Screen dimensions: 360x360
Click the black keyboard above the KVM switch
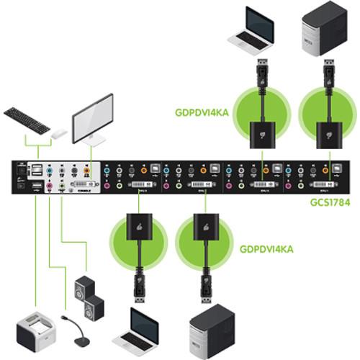27,118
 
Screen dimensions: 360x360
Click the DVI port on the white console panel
81,186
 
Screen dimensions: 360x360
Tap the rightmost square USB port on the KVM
336,172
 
